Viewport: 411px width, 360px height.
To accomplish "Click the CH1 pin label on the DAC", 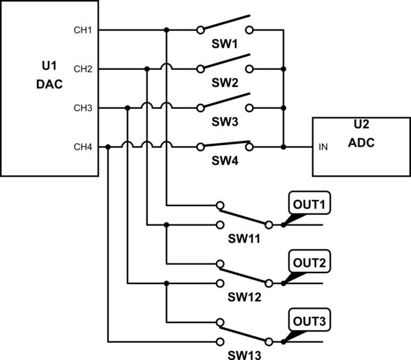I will (x=83, y=30).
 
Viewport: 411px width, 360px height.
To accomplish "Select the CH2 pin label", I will (x=83, y=69).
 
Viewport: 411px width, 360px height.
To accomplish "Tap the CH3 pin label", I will (x=83, y=108).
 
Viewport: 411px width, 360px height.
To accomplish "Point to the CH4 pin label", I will (x=83, y=147).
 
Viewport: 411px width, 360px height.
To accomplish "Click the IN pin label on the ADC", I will (x=323, y=147).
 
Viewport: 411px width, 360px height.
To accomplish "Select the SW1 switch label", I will (x=224, y=44).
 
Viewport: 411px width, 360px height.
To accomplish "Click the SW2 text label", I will (x=224, y=83).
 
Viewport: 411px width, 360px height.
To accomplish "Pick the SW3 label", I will (x=224, y=122).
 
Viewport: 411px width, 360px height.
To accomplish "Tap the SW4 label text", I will (x=224, y=161).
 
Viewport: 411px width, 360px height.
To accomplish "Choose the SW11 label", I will (x=245, y=239).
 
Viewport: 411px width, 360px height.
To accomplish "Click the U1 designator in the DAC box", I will (x=49, y=66).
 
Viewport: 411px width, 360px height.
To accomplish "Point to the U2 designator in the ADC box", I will (x=360, y=126).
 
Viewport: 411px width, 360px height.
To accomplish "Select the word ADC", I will (x=360, y=144).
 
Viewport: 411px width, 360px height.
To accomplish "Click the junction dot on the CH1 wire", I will (x=166, y=30).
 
